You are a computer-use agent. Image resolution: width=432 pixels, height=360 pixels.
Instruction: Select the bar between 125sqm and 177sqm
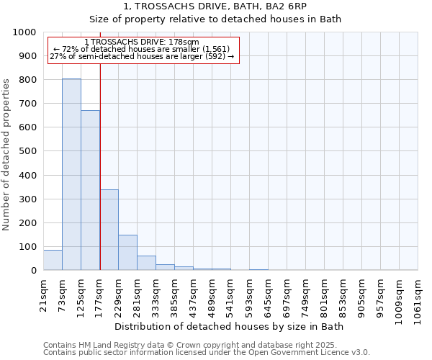pos(90,191)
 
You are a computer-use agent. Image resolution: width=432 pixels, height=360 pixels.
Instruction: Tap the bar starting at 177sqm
pos(109,230)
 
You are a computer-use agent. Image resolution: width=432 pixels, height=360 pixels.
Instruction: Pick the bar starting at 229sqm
pos(127,253)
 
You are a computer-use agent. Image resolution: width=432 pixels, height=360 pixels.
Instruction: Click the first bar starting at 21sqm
pos(53,260)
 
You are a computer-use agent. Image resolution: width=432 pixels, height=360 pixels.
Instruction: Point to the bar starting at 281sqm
pos(146,264)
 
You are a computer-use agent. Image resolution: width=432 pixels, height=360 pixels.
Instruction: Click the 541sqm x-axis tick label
pos(231,295)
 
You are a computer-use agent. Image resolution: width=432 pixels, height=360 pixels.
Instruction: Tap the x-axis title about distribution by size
pos(230,327)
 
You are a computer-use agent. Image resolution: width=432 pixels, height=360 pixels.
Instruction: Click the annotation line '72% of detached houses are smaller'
pos(141,49)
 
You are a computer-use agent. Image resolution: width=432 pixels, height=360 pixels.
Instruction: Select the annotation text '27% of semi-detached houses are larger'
pos(141,56)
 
